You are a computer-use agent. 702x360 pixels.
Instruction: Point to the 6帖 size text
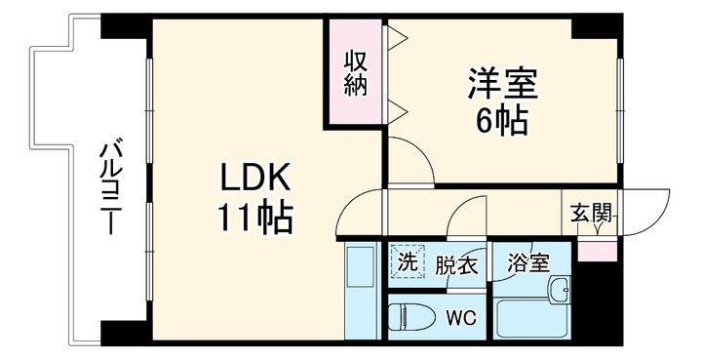point(501,121)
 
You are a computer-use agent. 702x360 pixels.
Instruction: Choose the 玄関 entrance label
point(591,214)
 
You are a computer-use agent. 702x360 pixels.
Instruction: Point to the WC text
point(460,317)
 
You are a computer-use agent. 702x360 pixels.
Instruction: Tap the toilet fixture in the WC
point(409,318)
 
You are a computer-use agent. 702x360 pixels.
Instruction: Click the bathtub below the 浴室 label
point(522,319)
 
